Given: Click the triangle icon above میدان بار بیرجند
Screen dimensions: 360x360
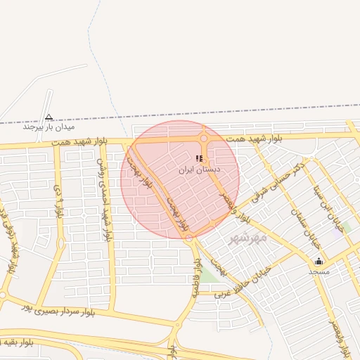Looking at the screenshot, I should [49, 117].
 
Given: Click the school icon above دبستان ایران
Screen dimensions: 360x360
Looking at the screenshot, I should [200, 159].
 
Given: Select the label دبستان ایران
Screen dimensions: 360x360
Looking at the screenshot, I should [202, 169].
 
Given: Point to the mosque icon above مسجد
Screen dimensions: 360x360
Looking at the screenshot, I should [319, 261].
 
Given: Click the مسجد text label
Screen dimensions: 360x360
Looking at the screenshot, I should [319, 271].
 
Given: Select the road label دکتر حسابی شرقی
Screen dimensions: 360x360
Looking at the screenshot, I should [276, 181].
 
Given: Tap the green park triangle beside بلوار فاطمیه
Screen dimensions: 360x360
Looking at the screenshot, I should [210, 276].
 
